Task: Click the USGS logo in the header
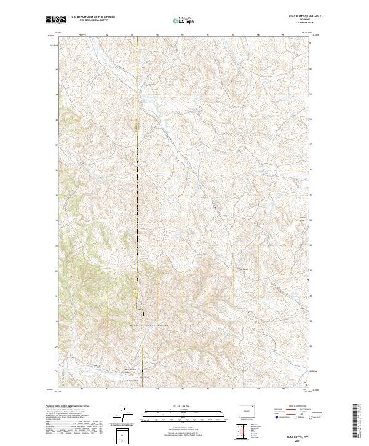56,21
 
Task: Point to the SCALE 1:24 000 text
179,405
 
